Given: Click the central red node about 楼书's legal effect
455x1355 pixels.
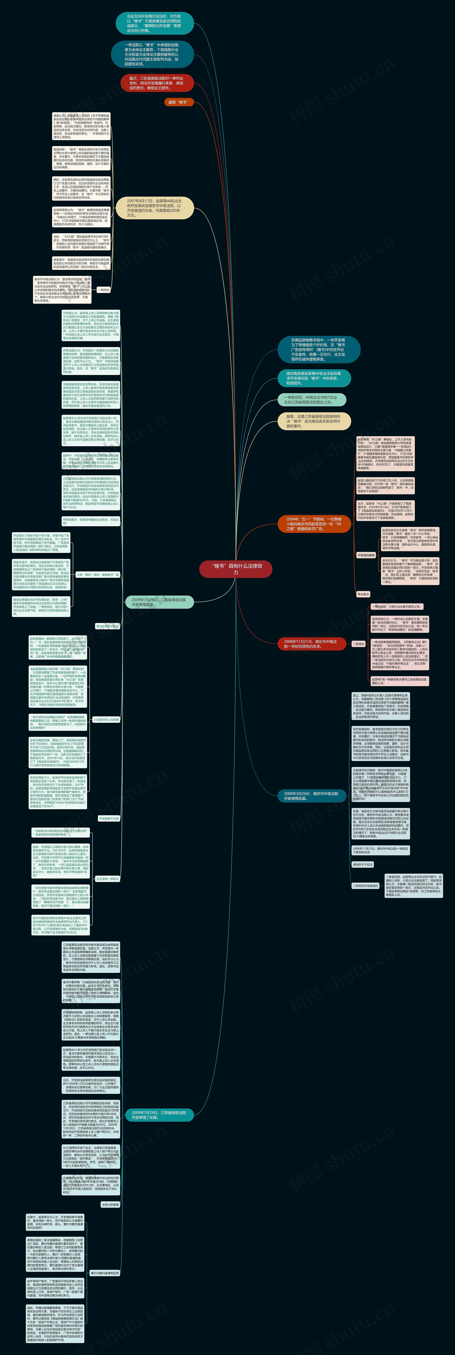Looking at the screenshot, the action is pyautogui.click(x=236, y=569).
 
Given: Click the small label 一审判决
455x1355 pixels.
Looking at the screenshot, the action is pyautogui.click(x=103, y=290).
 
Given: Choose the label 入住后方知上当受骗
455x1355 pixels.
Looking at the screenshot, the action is pyautogui.click(x=106, y=720).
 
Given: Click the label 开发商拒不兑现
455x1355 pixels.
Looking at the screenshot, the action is pyautogui.click(x=109, y=818).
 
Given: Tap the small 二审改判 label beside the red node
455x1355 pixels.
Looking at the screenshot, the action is pyautogui.click(x=358, y=644).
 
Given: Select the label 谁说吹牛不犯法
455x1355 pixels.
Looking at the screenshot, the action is pyautogui.click(x=363, y=864).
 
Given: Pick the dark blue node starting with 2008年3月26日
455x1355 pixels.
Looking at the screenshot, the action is pyautogui.click(x=311, y=796).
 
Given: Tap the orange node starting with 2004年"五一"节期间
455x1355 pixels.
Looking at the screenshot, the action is pyautogui.click(x=314, y=524).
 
